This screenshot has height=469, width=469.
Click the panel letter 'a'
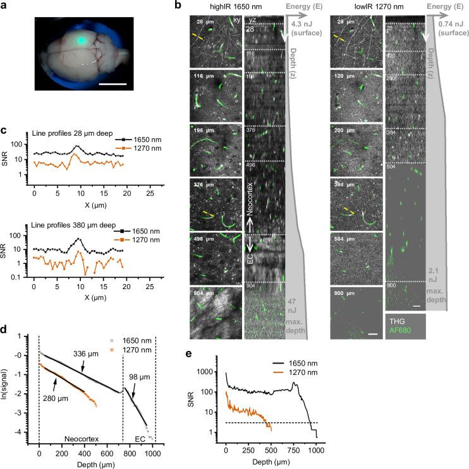point(4,6)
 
